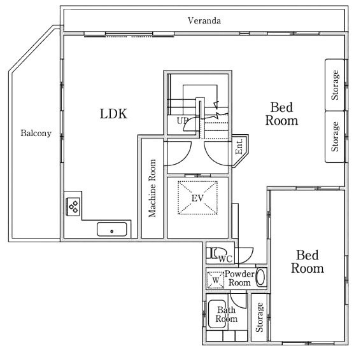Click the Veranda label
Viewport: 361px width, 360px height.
(204, 21)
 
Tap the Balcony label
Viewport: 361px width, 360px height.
(36, 133)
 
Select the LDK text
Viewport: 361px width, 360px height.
(113, 114)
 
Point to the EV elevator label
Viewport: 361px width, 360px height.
(197, 198)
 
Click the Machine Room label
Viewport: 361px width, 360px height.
(152, 188)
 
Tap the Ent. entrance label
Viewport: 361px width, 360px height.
(239, 146)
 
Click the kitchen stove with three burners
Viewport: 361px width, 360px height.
(73, 207)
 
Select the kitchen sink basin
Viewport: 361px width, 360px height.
(112, 229)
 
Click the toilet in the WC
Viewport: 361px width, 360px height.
(216, 253)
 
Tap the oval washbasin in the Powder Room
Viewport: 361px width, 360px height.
(261, 277)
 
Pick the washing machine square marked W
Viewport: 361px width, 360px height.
(215, 280)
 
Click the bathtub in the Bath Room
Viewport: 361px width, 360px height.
(217, 314)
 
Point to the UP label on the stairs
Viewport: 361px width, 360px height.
(182, 121)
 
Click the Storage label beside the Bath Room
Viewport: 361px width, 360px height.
(260, 317)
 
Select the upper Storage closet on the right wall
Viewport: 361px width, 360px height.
(335, 85)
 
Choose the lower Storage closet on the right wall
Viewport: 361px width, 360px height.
(335, 137)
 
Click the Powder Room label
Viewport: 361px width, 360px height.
(239, 278)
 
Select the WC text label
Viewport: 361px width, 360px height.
(225, 259)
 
